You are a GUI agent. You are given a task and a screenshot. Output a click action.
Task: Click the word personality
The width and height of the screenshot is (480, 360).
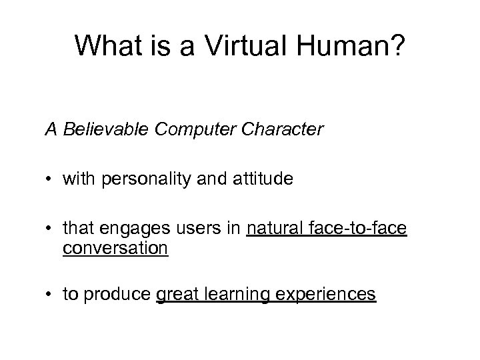click(x=135, y=180)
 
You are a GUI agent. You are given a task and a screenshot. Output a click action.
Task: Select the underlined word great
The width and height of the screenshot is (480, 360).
click(x=177, y=295)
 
